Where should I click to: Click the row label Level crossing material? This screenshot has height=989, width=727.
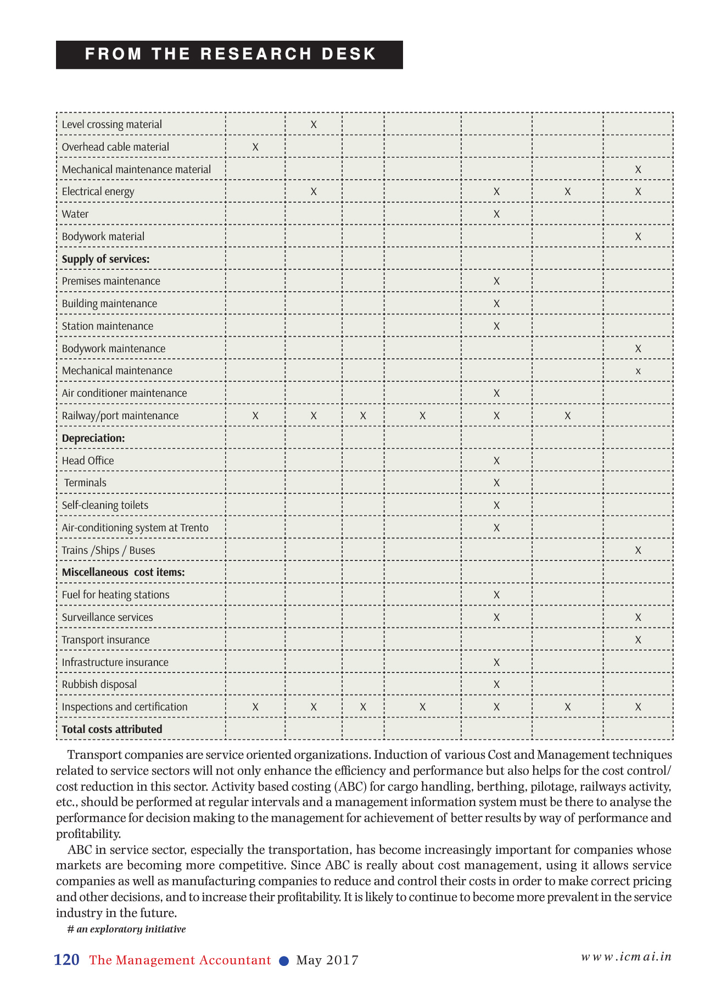(x=111, y=125)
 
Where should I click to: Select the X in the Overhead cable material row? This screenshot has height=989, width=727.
(x=255, y=147)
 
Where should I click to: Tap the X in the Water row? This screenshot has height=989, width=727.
(x=496, y=214)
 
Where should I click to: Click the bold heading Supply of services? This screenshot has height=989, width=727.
(x=105, y=259)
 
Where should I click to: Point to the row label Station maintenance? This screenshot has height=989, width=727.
(x=107, y=326)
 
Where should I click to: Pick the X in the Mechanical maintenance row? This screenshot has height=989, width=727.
(x=638, y=371)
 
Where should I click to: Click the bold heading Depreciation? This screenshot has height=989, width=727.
(x=93, y=438)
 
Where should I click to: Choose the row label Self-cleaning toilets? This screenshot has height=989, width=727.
(x=105, y=505)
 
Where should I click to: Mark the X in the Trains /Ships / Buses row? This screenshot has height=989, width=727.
(x=638, y=551)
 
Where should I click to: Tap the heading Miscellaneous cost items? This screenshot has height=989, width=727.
(x=123, y=573)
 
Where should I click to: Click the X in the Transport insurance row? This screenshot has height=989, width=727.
(x=638, y=640)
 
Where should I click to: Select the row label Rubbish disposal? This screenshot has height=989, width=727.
(x=99, y=685)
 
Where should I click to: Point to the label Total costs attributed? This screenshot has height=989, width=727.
(x=112, y=730)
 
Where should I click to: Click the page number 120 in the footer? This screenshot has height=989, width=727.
(x=66, y=960)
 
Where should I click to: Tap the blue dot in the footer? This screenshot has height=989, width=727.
(x=284, y=961)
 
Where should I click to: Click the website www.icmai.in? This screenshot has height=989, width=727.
(x=627, y=957)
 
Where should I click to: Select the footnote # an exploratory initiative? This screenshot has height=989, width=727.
(x=126, y=929)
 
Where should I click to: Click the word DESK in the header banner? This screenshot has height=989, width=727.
(x=349, y=54)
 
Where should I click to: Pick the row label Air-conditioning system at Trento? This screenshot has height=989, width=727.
(x=135, y=528)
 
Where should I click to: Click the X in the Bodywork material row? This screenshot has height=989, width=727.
(x=638, y=237)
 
